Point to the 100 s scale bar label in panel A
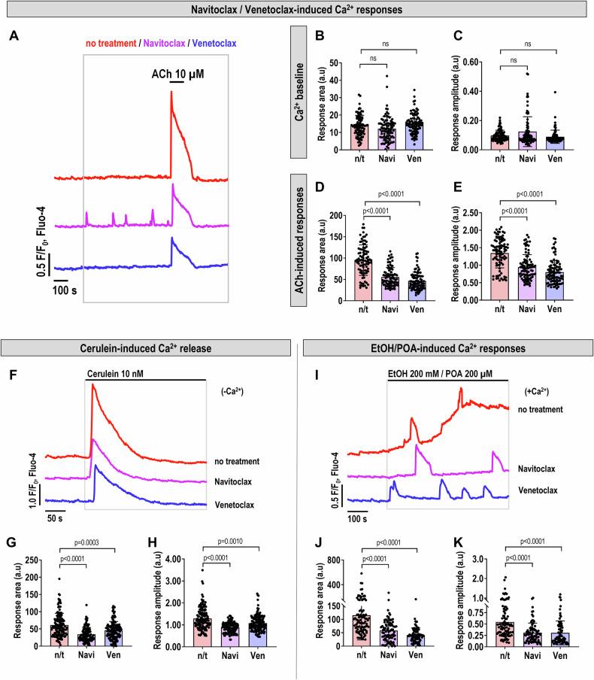[65, 290]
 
